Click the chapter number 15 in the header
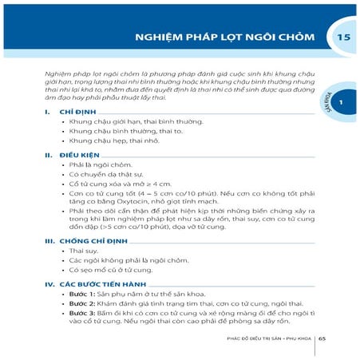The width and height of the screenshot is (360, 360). pos(344,38)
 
